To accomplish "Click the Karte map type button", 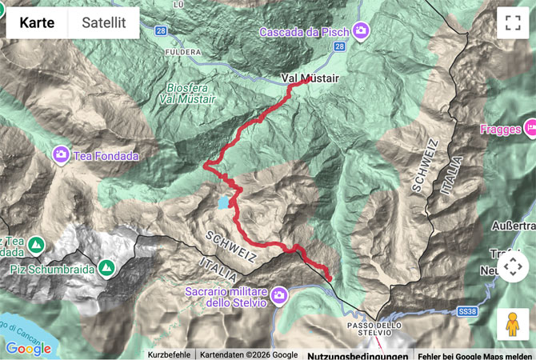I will [37, 22].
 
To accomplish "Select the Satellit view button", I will [104, 22].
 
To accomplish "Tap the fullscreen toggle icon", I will [512, 22].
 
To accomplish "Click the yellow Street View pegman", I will [512, 324].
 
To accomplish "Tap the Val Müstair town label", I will [310, 78].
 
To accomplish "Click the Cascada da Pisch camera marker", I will [362, 31].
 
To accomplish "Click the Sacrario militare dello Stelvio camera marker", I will [279, 295].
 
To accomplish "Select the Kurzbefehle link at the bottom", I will [169, 354].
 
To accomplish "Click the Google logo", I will [28, 349].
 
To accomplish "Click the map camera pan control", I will [512, 266].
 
